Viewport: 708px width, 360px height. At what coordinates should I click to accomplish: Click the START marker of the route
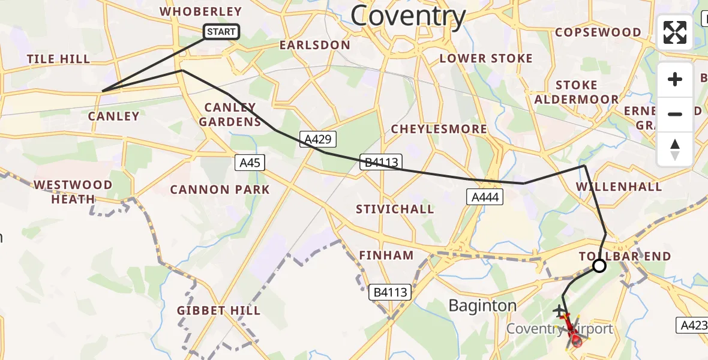tap(222, 32)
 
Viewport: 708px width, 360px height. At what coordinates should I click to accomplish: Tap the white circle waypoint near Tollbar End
tap(599, 266)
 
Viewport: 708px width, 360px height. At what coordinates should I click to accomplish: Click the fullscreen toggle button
tap(675, 32)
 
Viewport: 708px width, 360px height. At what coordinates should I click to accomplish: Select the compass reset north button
tap(675, 149)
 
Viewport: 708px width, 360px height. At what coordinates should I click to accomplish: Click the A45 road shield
tap(250, 162)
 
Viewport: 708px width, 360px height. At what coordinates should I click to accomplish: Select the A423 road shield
tap(694, 325)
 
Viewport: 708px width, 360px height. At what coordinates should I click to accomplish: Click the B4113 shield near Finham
tap(390, 293)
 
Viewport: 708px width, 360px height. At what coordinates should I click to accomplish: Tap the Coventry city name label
tap(408, 16)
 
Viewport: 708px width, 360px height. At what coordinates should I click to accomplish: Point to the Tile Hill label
tap(58, 59)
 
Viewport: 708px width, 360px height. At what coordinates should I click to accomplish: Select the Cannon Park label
tap(220, 190)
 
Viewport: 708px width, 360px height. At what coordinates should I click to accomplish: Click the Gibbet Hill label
tap(218, 310)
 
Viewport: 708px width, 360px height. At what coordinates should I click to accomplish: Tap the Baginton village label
tap(482, 306)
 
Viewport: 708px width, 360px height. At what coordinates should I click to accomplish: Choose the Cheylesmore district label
tap(439, 129)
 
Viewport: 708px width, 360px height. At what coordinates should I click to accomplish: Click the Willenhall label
tap(619, 187)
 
